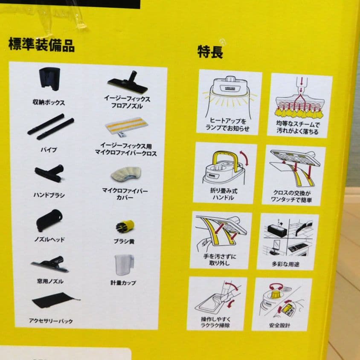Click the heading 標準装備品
pos(41,45)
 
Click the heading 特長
pos(210,52)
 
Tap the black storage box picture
pos(49,79)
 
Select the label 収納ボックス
pos(49,102)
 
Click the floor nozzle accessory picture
pos(128,82)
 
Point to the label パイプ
pos(49,150)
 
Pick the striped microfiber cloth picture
pos(126,128)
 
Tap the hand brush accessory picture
pos(49,173)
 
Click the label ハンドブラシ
pos(49,195)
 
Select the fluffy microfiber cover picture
pos(126,174)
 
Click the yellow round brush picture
pos(125,226)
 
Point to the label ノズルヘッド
pos(49,239)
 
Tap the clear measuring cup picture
pos(125,265)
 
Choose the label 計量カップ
pos(123,283)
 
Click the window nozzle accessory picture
pos(50,264)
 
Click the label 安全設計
pos(279,325)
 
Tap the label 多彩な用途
pos(285,264)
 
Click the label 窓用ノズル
pos(50,281)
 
